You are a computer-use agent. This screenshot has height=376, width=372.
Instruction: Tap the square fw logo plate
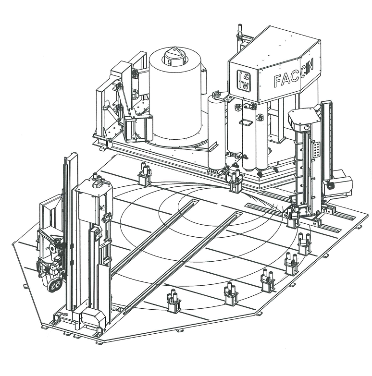tap(244, 80)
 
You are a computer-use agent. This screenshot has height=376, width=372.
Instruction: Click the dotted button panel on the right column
tap(317, 150)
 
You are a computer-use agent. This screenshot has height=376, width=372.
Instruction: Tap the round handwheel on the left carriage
tap(52, 249)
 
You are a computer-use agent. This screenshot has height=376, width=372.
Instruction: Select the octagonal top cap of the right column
tap(303, 119)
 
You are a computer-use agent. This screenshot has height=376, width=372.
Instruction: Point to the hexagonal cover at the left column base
tap(93, 317)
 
